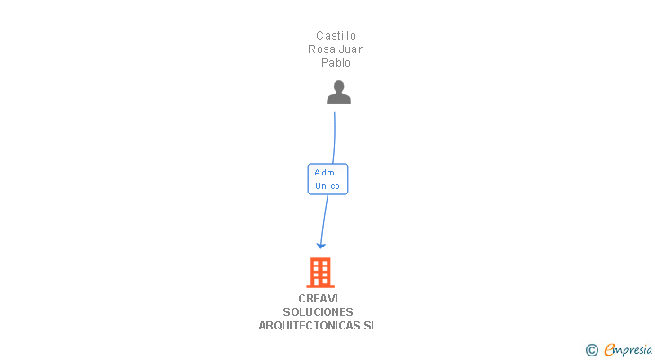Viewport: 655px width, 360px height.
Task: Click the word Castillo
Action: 336,36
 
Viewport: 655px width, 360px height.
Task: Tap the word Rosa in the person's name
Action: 322,49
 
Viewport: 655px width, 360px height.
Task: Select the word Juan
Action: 351,49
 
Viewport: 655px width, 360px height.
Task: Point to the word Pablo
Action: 336,63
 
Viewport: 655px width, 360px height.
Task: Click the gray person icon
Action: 338,93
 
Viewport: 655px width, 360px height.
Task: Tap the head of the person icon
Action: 338,86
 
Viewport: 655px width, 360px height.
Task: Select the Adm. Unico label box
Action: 327,178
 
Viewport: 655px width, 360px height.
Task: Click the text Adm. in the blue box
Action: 325,171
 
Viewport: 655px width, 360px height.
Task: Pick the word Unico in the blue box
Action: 327,185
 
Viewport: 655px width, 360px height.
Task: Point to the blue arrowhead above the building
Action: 320,245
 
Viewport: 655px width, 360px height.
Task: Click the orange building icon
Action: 320,272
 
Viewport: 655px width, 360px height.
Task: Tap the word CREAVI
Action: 318,299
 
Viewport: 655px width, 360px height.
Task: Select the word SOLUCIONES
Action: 318,312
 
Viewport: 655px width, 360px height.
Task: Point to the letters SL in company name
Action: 370,326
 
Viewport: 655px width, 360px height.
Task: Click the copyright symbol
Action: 591,350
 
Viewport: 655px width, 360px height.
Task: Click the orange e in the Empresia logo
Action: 609,350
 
